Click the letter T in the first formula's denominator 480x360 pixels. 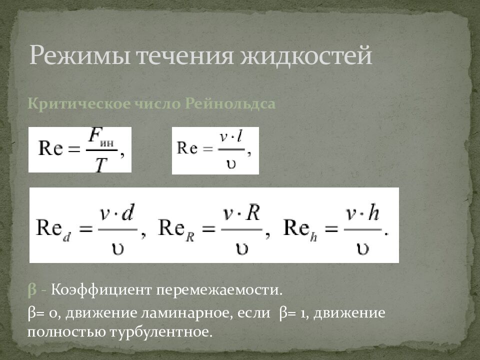(x=101, y=163)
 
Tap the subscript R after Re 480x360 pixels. (x=191, y=238)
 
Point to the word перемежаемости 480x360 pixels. (x=219, y=290)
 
